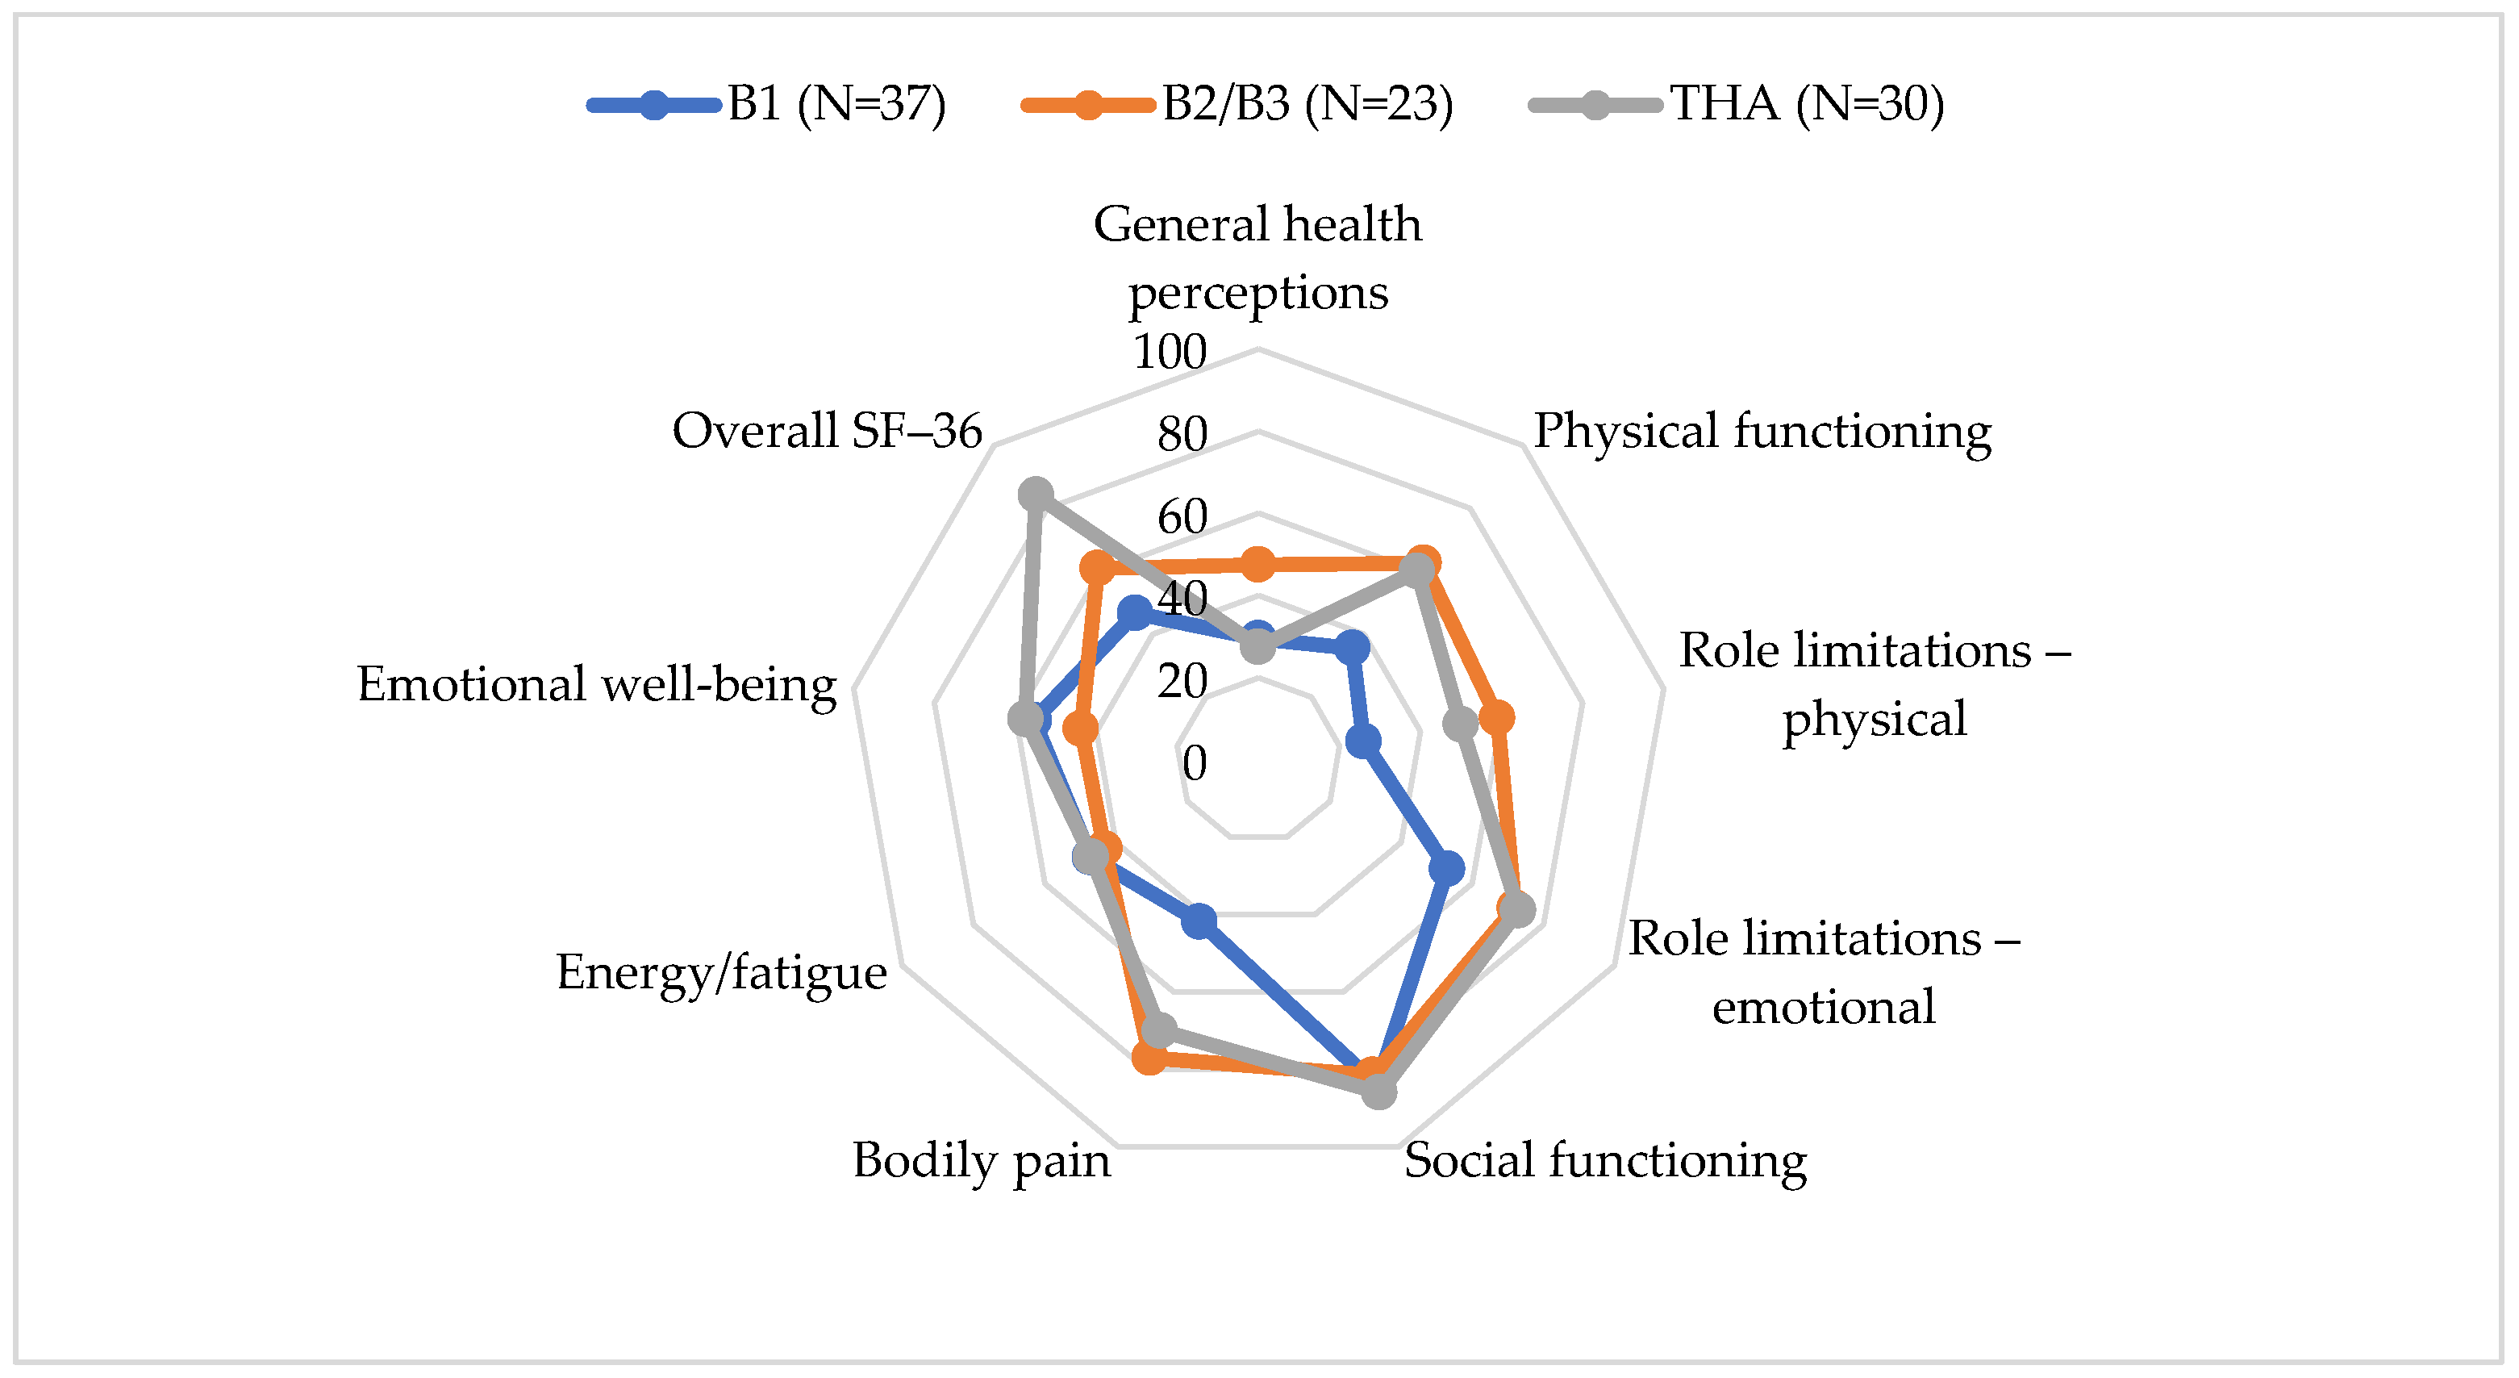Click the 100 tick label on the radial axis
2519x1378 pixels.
tap(1170, 352)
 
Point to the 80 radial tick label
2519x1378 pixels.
tap(1182, 434)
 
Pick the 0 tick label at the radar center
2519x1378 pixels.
tap(1194, 763)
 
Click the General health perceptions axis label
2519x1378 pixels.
tap(1257, 258)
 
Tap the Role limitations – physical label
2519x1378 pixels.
tap(1875, 685)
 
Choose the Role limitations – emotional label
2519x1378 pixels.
tap(1824, 972)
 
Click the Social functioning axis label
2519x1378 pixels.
tap(1606, 1161)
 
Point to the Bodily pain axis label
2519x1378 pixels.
tap(982, 1161)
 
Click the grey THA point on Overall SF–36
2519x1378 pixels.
tap(1036, 495)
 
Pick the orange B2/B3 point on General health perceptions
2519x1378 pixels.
tap(1257, 563)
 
